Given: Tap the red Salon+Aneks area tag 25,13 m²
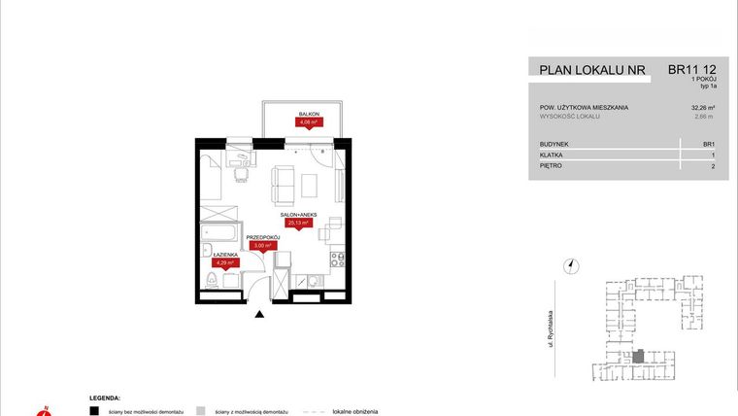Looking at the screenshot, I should (x=297, y=223).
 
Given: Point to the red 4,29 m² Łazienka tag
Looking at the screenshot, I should (x=225, y=262).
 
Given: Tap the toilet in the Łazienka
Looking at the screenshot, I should (x=211, y=282).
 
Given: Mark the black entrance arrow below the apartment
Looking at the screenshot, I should (x=258, y=313).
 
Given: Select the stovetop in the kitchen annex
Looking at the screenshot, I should (x=338, y=260).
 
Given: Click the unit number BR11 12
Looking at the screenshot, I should (x=692, y=70).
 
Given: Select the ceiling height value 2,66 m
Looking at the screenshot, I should (x=704, y=117).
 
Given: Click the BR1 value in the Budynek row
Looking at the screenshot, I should (x=708, y=144).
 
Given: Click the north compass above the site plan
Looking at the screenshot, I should (x=573, y=264).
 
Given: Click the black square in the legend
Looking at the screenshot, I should (x=94, y=411).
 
